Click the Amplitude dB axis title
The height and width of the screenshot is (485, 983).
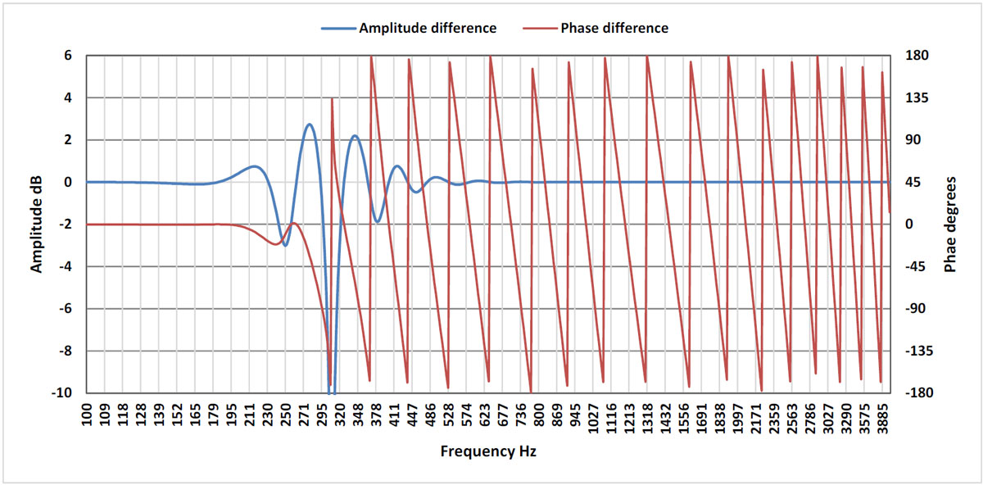36,224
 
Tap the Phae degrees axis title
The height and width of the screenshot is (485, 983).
950,224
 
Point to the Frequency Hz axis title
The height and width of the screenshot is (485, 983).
488,451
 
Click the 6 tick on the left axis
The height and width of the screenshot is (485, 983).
68,56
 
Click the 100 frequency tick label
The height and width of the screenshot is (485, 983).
86,413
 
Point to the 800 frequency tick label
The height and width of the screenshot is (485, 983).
539,413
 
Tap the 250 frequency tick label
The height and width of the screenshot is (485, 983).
286,413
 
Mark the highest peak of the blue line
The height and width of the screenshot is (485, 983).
309,125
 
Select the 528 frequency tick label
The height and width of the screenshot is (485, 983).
449,413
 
